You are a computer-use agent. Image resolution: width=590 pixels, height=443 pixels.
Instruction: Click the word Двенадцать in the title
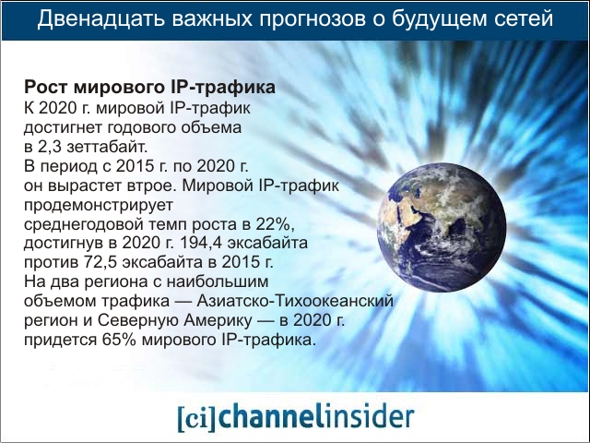(x=100, y=18)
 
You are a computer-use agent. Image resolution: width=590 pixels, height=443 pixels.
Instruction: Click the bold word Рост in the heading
(x=46, y=88)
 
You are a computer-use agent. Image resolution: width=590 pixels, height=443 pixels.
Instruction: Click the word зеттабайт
(x=107, y=148)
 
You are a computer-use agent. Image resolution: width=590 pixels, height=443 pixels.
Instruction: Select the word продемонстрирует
(x=99, y=206)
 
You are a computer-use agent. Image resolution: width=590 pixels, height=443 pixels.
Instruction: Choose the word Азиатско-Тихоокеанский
(x=295, y=302)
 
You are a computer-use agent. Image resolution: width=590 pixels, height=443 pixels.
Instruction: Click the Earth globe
(x=442, y=227)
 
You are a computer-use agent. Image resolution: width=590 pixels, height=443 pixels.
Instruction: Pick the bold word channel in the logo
(x=272, y=416)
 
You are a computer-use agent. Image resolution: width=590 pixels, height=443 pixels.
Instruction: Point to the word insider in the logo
(x=370, y=416)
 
